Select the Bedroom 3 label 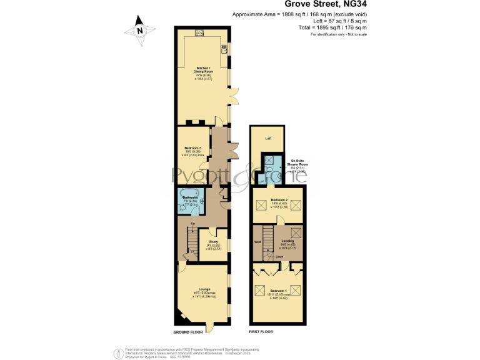point(192,151)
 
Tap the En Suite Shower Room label point(299,166)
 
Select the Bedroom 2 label point(279,201)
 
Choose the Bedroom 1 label point(278,292)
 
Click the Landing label point(288,242)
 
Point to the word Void point(257,241)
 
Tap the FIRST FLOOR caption point(262,332)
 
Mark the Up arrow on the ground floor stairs point(192,223)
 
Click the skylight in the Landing point(296,232)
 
